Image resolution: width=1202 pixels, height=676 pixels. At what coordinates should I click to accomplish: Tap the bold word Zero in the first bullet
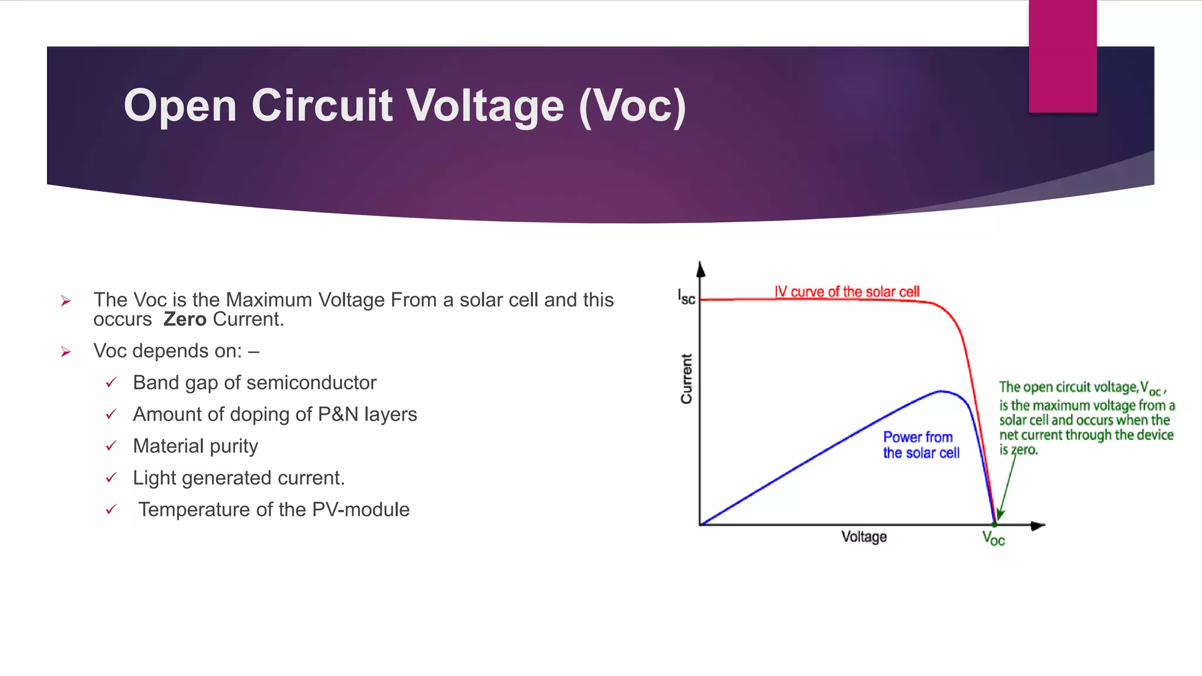(184, 319)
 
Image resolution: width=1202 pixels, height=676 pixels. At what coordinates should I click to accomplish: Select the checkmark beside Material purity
(111, 446)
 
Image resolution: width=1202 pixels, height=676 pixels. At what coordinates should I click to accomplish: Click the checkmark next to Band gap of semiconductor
(111, 383)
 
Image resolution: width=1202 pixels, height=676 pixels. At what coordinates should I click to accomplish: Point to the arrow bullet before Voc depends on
(66, 351)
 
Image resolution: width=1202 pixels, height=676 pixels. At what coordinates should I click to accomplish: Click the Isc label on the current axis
(686, 297)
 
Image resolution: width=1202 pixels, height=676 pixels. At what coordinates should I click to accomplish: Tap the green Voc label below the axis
(994, 538)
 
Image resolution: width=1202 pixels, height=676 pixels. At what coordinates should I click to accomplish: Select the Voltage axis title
(863, 536)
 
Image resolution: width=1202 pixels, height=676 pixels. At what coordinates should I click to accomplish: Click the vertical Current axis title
(686, 378)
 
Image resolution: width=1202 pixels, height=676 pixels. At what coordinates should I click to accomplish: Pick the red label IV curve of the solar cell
(846, 292)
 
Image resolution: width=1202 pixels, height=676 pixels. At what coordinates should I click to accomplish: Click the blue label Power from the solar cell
(920, 445)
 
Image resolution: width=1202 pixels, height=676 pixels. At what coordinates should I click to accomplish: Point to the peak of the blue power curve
(941, 391)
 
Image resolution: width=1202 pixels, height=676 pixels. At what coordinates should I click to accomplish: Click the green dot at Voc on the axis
(994, 524)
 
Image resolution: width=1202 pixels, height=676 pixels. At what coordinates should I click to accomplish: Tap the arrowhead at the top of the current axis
(700, 269)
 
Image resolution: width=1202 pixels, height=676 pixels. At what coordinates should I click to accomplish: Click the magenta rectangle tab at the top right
(1062, 56)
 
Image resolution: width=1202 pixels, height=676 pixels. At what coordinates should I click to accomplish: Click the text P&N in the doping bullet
(337, 414)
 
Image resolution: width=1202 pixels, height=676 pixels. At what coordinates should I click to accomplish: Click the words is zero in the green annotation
(1018, 450)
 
